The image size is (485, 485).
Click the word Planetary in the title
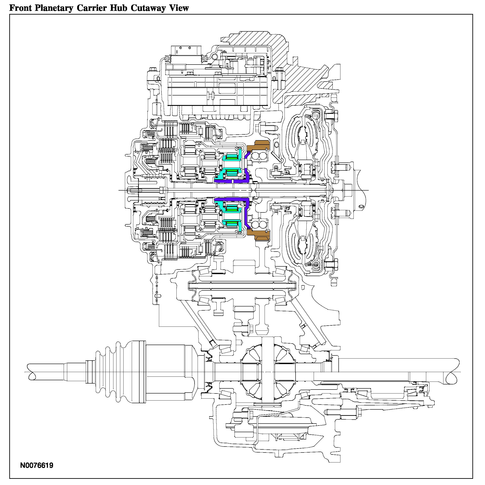pyautogui.click(x=54, y=8)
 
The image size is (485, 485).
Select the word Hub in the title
pyautogui.click(x=119, y=8)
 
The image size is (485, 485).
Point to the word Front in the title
pyautogui.click(x=21, y=8)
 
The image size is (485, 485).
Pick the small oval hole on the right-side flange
pyautogui.click(x=361, y=206)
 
